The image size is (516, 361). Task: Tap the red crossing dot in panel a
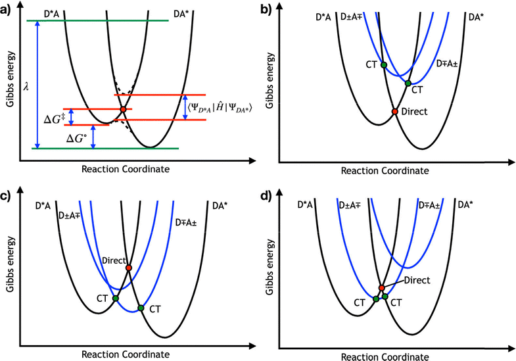point(123,109)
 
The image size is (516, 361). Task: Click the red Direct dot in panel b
point(394,112)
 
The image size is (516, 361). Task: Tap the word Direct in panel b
point(414,112)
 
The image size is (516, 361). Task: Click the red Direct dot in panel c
point(129,268)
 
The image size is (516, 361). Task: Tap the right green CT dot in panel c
point(141,308)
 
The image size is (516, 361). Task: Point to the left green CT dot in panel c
point(116,299)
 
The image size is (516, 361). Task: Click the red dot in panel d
point(382,288)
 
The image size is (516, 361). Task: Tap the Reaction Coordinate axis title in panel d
point(386,354)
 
